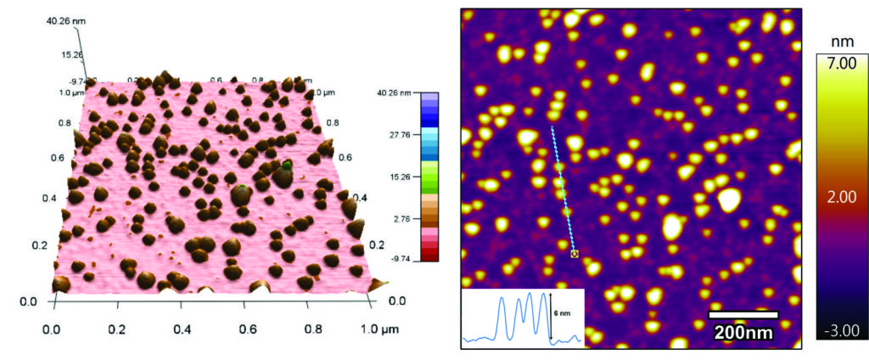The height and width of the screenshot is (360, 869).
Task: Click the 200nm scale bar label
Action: (x=743, y=332)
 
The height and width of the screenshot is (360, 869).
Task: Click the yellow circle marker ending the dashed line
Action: (x=575, y=253)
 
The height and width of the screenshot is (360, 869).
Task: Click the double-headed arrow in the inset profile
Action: (x=551, y=315)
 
